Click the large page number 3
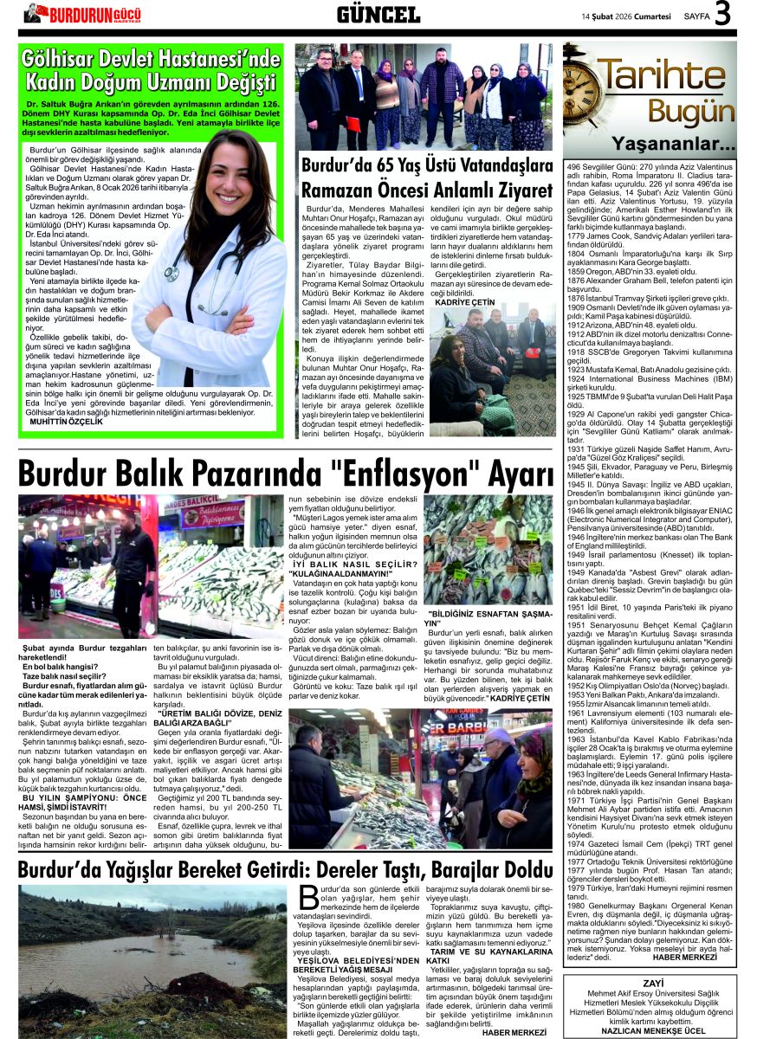coord(723,15)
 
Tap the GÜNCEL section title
coord(378,14)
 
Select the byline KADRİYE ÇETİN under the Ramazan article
coord(464,302)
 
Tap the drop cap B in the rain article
coord(308,899)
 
